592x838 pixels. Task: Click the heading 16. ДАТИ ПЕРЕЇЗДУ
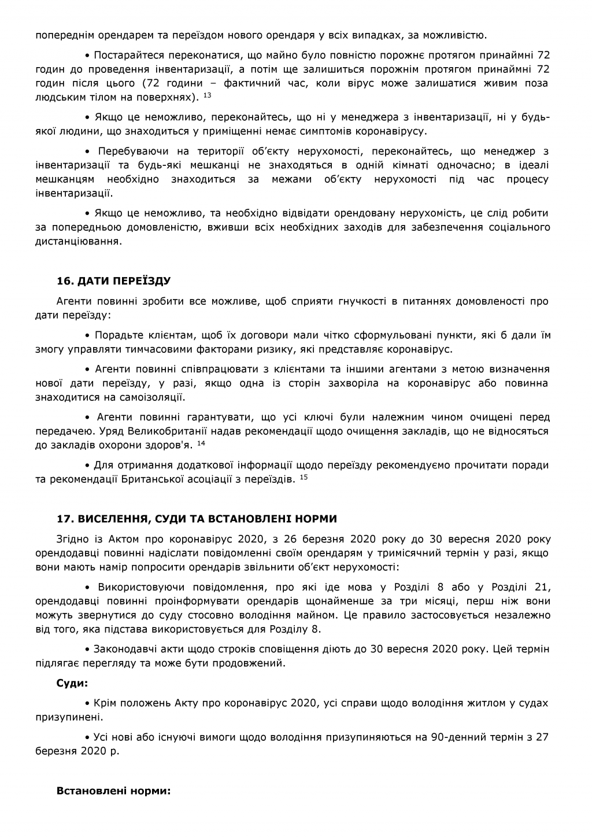point(113,282)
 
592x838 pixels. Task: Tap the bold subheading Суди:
point(72,683)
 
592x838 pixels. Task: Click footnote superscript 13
point(208,94)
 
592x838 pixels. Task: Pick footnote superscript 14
point(201,444)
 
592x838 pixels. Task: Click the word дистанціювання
point(79,241)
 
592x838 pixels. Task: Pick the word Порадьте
point(116,335)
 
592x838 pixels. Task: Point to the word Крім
point(104,703)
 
